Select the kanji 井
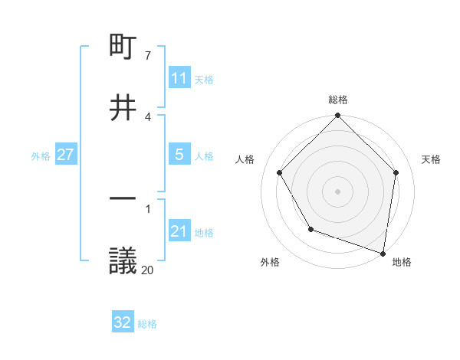coord(123,108)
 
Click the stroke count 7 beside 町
coord(148,56)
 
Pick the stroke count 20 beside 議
coord(147,269)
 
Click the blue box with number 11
coord(179,78)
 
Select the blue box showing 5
coord(179,155)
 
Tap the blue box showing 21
coord(179,231)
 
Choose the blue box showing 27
coord(65,155)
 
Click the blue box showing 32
coord(123,322)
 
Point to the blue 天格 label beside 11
coord(204,79)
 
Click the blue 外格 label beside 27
coord(41,155)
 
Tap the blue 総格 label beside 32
coord(147,323)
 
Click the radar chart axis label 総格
coord(338,100)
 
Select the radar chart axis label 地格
coord(402,262)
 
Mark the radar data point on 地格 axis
coord(383,253)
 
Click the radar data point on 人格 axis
coord(280,172)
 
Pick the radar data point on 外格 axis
coord(310,229)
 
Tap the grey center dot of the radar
coord(338,191)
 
